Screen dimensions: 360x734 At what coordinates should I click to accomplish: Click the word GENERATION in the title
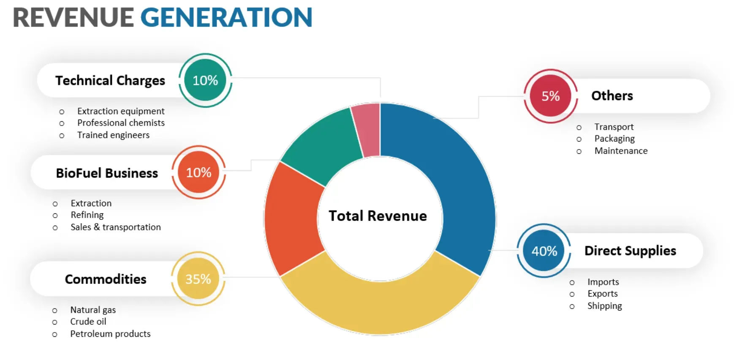coord(226,18)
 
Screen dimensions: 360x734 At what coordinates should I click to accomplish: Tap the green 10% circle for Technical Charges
coord(205,80)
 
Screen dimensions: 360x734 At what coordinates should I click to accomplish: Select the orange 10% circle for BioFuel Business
coord(198,172)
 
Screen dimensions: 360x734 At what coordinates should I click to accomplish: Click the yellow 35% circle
coord(198,279)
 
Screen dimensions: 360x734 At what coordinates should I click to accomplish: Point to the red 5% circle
coord(550,96)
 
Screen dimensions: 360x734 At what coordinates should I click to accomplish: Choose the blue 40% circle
coord(544,251)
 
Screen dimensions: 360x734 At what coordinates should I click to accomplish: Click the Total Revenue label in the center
coord(378,216)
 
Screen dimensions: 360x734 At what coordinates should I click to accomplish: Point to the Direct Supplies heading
coord(630,251)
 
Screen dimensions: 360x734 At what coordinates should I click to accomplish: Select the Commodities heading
coord(106,279)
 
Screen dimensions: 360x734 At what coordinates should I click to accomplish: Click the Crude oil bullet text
coord(88,322)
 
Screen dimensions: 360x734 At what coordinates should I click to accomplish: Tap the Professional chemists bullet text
coord(121,123)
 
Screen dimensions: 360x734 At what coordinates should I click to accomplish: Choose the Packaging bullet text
coord(614,139)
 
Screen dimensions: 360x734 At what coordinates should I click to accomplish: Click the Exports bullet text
coord(602,294)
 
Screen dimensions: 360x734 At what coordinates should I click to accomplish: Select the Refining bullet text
coord(87,215)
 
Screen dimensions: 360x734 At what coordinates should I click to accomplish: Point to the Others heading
coord(612,96)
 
